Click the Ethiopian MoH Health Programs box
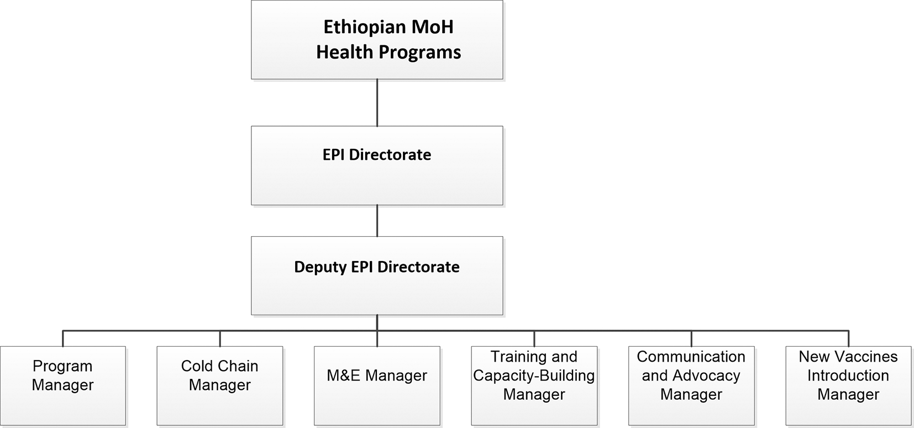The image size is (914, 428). click(x=377, y=40)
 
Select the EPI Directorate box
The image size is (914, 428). click(x=377, y=166)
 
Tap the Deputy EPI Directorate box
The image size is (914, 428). click(x=377, y=276)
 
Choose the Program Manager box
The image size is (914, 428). click(x=62, y=385)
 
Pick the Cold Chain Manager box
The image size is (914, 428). click(x=219, y=385)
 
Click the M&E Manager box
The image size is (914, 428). click(x=377, y=385)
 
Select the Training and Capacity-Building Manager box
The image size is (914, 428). click(x=534, y=385)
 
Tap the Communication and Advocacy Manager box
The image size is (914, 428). click(x=691, y=385)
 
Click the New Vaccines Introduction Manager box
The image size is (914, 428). click(x=848, y=385)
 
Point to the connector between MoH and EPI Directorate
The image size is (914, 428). click(x=377, y=102)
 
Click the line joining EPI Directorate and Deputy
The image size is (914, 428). click(x=377, y=221)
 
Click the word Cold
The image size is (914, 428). click(x=196, y=366)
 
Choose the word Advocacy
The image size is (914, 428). click(x=706, y=375)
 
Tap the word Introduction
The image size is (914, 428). click(x=848, y=375)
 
